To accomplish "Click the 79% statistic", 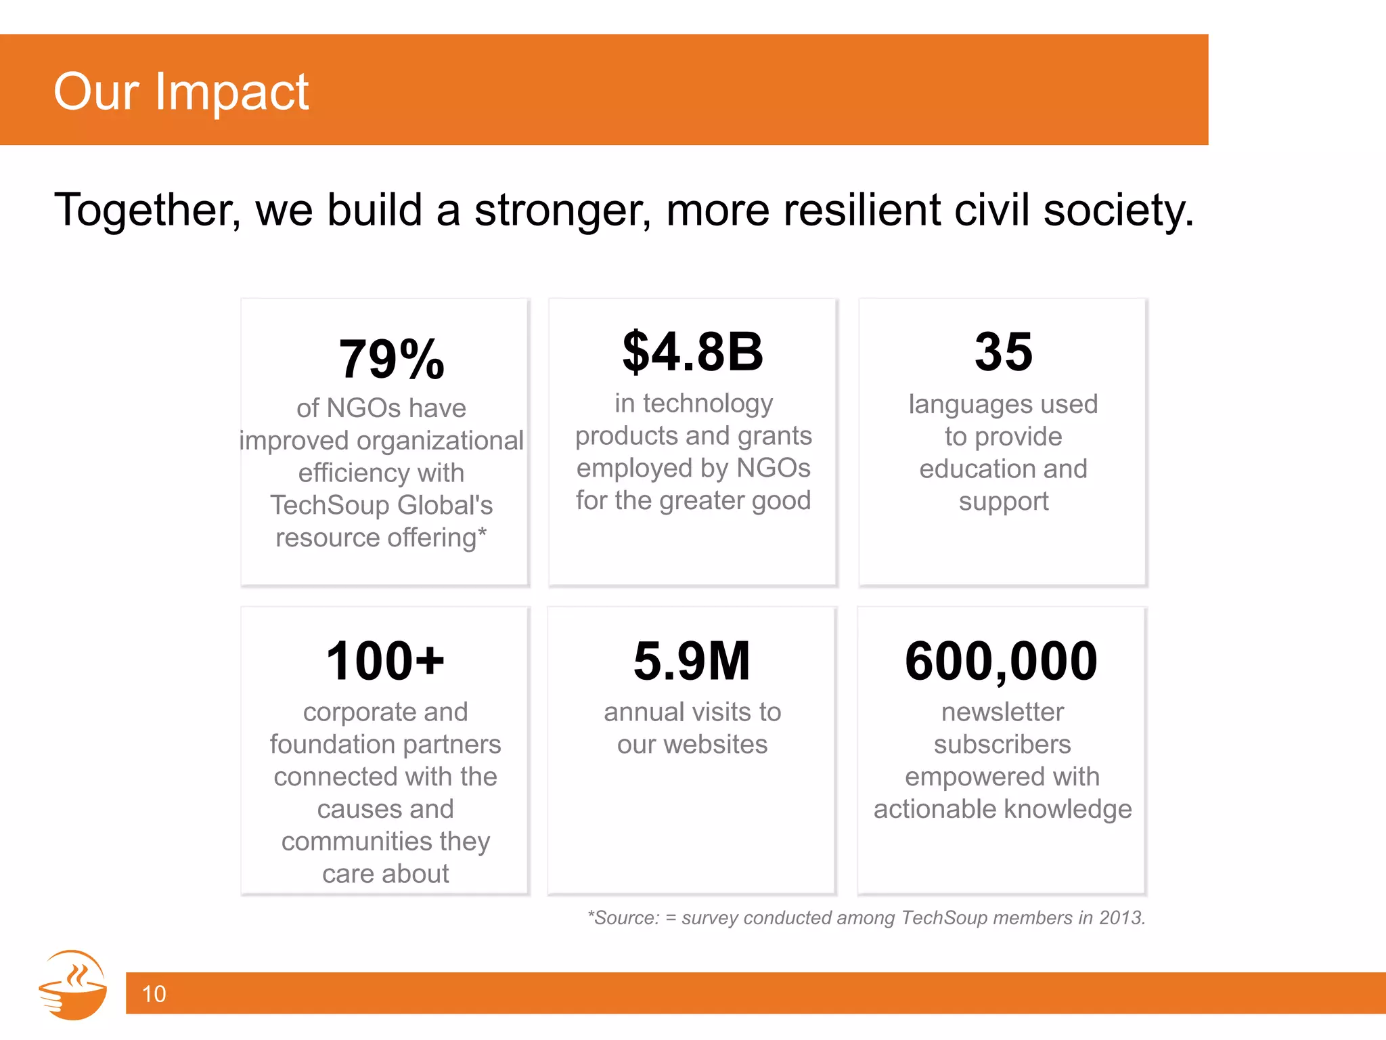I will coord(391,360).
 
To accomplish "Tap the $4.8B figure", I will coord(692,352).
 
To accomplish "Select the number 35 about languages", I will coord(1003,352).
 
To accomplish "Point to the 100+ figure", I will coord(385,661).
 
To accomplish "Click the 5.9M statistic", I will coord(692,661).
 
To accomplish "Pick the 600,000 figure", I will coord(1001,661).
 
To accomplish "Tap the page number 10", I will coord(154,993).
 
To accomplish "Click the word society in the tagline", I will coord(1117,210).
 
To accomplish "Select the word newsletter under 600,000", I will coord(1002,712).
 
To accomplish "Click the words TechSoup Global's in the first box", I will coord(381,505).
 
